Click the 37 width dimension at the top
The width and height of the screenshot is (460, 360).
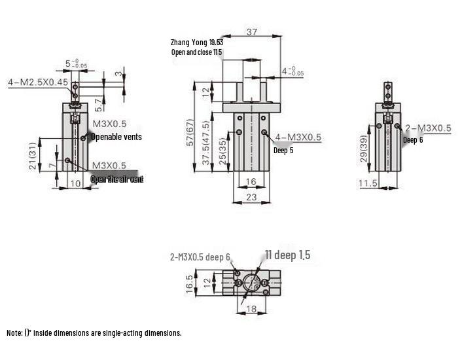pyautogui.click(x=252, y=31)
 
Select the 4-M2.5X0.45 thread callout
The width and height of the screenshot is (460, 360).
pyautogui.click(x=38, y=82)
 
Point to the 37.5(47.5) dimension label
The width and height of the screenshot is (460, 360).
pyautogui.click(x=206, y=145)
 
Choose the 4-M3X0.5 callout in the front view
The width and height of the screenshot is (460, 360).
pyautogui.click(x=298, y=137)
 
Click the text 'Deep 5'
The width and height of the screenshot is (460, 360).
pyautogui.click(x=283, y=151)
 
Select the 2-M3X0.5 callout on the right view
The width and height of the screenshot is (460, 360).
pyautogui.click(x=428, y=128)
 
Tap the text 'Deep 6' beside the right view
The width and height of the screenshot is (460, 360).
pyautogui.click(x=413, y=140)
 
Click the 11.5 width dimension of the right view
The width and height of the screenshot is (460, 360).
pyautogui.click(x=368, y=183)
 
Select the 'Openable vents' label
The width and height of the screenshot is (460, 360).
pyautogui.click(x=116, y=137)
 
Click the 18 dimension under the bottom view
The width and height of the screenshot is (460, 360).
pyautogui.click(x=251, y=309)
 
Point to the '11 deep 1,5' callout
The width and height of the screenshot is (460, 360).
pyautogui.click(x=287, y=255)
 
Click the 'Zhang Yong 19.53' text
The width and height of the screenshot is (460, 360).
pyautogui.click(x=197, y=42)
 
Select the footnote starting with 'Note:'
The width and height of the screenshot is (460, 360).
pyautogui.click(x=94, y=333)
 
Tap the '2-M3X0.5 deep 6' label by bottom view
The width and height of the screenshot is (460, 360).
pyautogui.click(x=200, y=257)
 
